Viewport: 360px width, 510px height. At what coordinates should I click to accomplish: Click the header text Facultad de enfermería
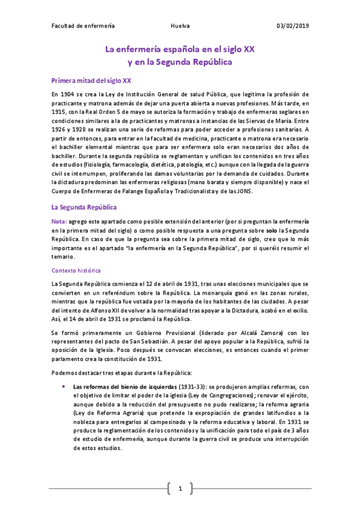tap(83, 26)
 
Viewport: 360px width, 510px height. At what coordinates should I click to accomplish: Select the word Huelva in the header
tap(180, 26)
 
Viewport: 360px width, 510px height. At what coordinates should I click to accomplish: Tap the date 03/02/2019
tap(293, 26)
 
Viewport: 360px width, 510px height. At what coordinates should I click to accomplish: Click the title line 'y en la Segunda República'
tap(180, 61)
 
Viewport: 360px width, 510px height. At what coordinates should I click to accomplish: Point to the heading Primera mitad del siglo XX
tap(91, 80)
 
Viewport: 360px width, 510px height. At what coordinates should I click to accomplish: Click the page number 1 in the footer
tap(180, 488)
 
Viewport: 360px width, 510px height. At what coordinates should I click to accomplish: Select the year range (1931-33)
tap(174, 387)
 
